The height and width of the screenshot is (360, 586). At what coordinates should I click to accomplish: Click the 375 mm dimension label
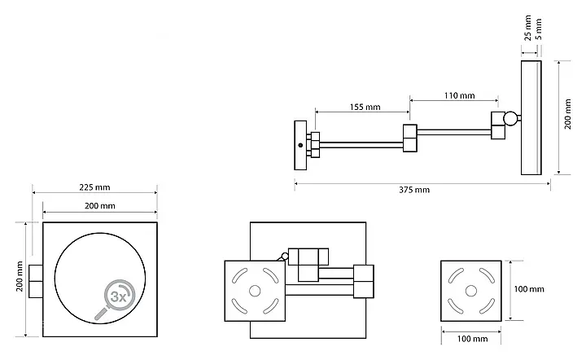click(x=414, y=190)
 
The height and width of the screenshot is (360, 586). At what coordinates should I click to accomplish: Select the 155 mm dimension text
click(x=365, y=108)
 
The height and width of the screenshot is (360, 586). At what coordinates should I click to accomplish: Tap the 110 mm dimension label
click(x=459, y=95)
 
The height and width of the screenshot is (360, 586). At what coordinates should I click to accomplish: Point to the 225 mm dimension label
click(x=94, y=187)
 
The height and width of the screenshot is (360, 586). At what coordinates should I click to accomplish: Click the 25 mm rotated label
click(x=527, y=28)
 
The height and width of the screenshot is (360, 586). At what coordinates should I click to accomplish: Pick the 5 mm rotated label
click(x=539, y=29)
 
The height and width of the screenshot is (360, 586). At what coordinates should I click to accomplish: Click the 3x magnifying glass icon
click(x=115, y=299)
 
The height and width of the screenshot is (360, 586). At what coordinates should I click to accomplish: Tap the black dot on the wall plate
click(x=300, y=145)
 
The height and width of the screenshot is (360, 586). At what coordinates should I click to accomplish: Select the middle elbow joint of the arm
click(x=410, y=138)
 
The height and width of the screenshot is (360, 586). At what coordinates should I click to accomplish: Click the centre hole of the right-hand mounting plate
click(x=471, y=291)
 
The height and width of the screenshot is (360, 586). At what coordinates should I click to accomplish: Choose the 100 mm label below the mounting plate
click(x=472, y=339)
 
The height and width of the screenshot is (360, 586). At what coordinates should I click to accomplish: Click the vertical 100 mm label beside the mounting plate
click(x=529, y=289)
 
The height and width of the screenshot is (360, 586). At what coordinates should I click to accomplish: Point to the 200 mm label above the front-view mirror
click(x=100, y=205)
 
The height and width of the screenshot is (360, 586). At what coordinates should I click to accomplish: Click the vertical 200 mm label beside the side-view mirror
click(x=568, y=114)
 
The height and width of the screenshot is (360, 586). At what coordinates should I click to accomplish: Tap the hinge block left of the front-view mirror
click(x=36, y=281)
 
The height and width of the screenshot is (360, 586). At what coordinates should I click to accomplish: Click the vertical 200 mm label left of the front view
click(x=20, y=276)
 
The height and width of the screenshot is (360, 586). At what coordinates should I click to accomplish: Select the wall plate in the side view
click(x=300, y=145)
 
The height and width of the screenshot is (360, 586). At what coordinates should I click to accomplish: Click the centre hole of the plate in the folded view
click(x=255, y=291)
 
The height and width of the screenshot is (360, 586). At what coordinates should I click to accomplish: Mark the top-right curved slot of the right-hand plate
click(x=488, y=275)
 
